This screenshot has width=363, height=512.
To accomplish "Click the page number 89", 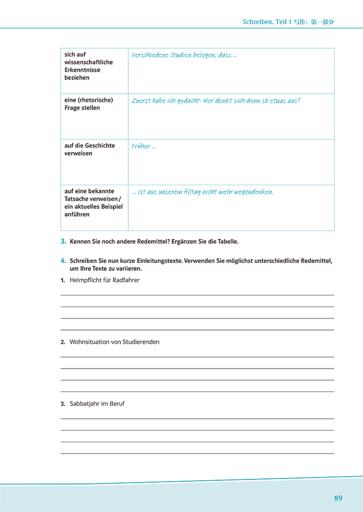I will point(338,498).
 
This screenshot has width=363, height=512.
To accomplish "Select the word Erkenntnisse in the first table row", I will point(82,70).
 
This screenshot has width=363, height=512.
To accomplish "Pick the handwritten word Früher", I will point(140,146).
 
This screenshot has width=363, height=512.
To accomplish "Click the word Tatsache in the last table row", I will point(77,199).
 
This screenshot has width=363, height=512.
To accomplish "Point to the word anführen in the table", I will point(77,214).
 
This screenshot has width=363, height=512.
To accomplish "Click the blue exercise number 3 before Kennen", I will point(63,242).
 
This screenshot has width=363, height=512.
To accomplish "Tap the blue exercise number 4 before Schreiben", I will point(63,261).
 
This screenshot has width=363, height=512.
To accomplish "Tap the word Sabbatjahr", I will point(84,403).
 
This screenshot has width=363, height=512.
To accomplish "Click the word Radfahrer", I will point(126,280).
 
